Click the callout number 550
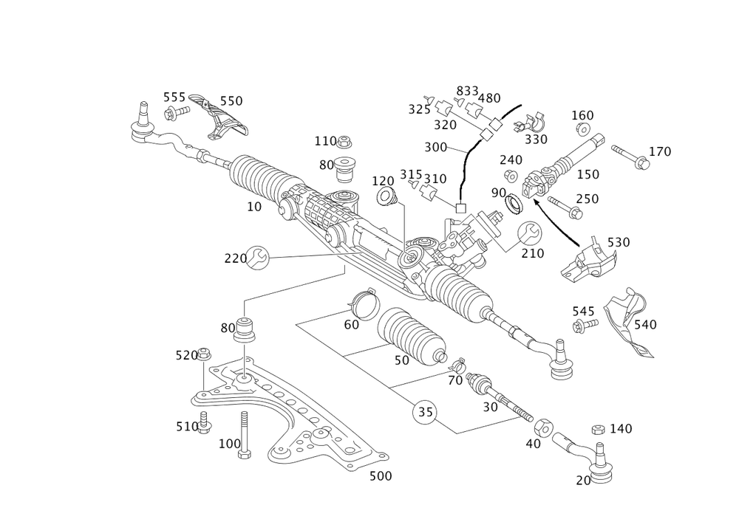(232, 100)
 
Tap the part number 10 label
(254, 207)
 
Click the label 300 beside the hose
(436, 148)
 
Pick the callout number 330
(536, 139)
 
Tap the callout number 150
(588, 174)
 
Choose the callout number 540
(645, 324)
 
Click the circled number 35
(426, 411)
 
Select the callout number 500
(380, 477)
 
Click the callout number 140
(621, 429)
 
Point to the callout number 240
(511, 160)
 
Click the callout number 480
(491, 97)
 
